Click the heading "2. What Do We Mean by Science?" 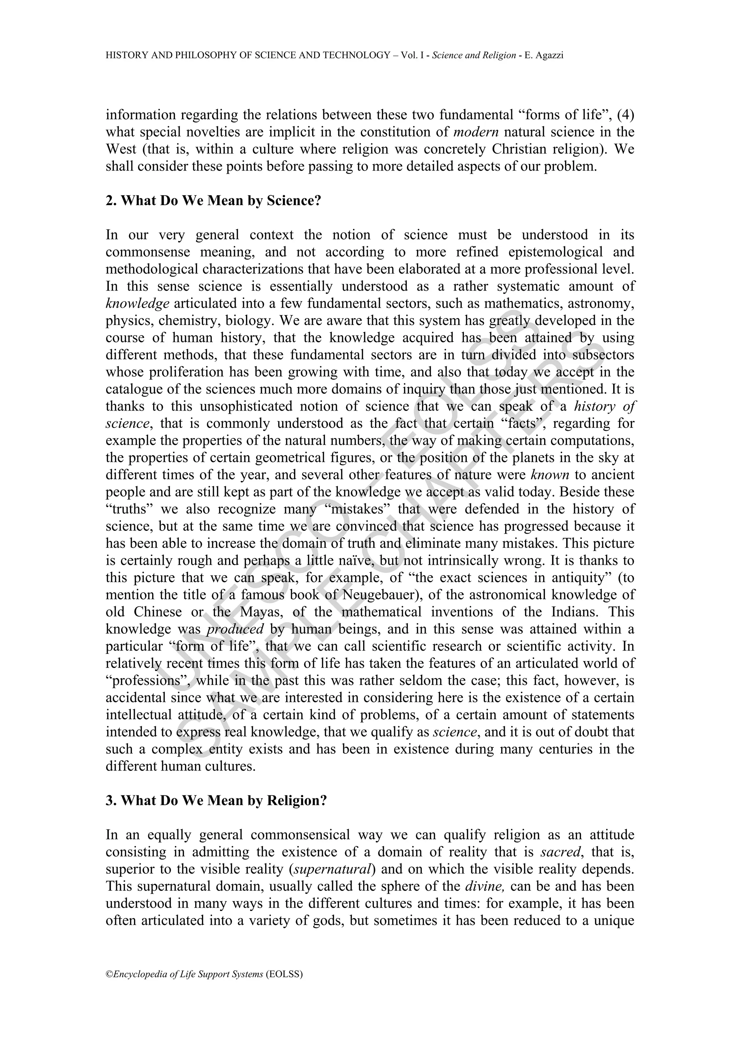coord(214,201)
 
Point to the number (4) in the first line coord(625,115)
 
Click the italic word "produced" coord(235,629)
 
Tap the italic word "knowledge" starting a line coord(137,303)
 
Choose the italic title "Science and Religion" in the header coord(474,56)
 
